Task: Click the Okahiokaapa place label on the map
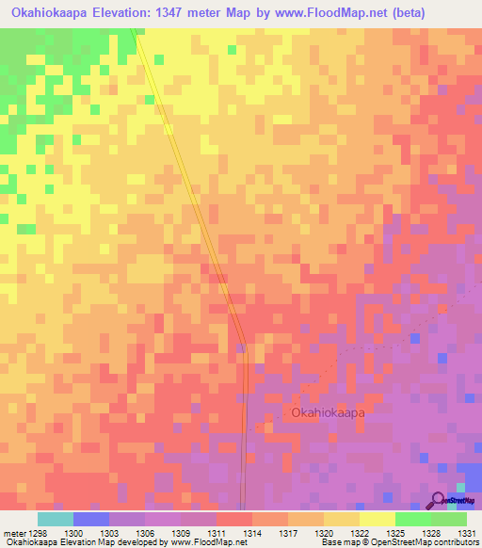click(327, 412)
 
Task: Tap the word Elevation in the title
click(136, 13)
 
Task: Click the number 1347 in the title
click(191, 13)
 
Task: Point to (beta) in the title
click(405, 13)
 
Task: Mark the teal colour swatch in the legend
click(55, 519)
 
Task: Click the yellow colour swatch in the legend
click(377, 519)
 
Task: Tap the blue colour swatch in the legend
click(90, 519)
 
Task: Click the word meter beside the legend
click(13, 532)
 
